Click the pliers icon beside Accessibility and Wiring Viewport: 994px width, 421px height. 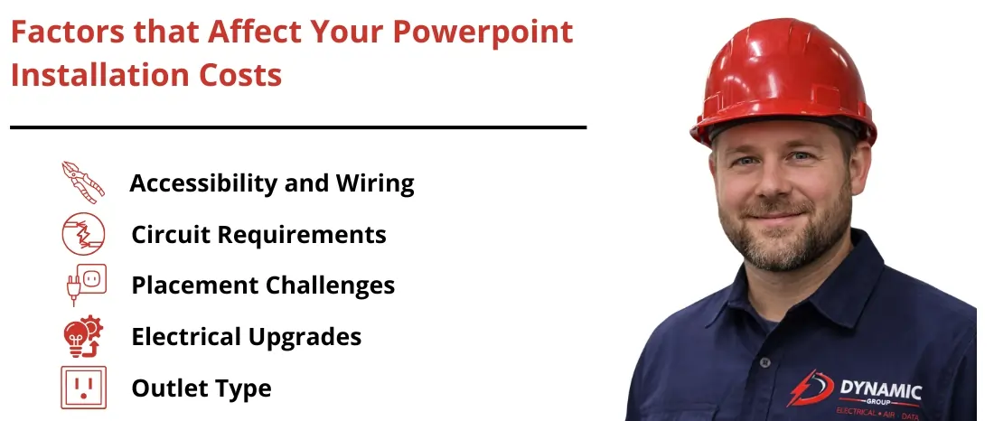coord(83,182)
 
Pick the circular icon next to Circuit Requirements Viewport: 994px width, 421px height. coord(83,234)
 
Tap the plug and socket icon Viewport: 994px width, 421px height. coord(83,285)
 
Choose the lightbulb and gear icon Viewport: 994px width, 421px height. coord(83,337)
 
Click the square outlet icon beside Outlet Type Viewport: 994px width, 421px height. coord(83,388)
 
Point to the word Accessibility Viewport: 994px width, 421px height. coord(203,183)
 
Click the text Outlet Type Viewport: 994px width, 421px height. coord(202,388)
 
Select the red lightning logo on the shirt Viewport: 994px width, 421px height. coord(808,388)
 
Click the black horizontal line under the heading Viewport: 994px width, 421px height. coord(298,127)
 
